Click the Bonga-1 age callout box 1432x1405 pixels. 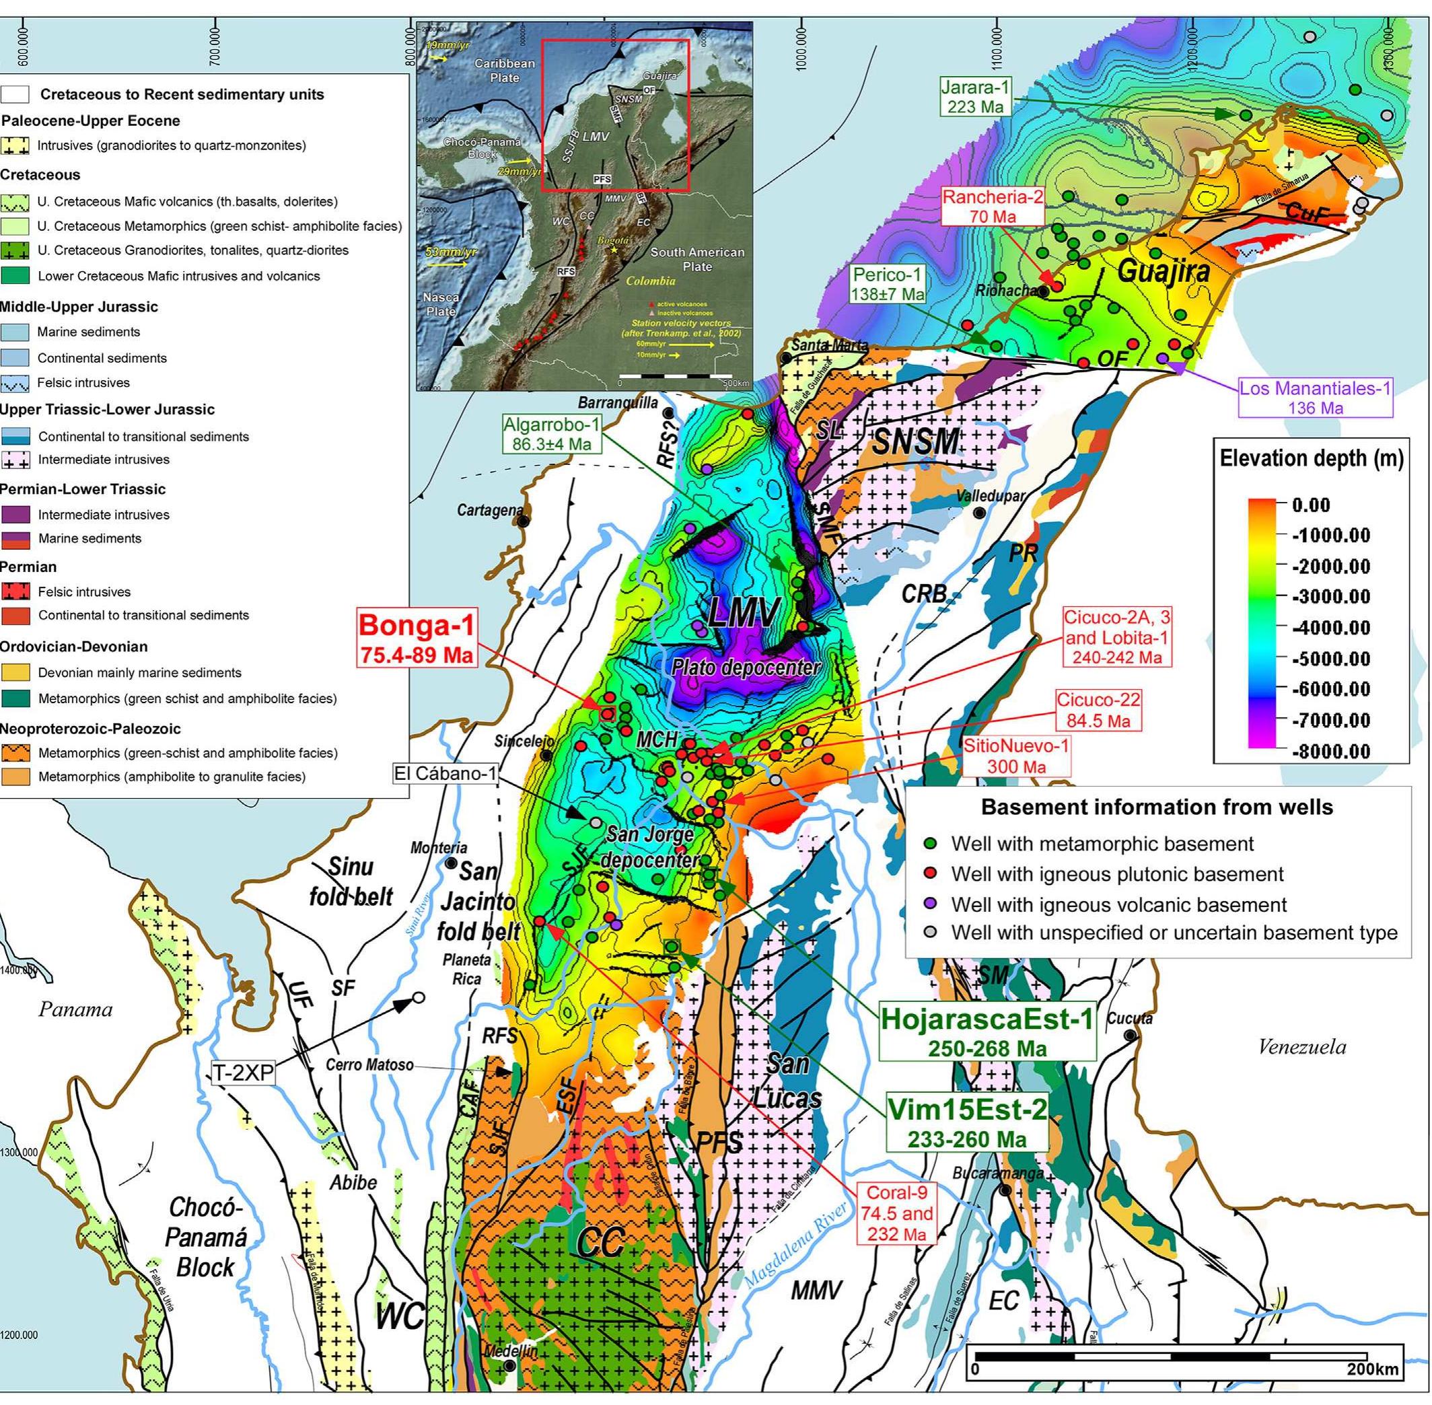point(416,637)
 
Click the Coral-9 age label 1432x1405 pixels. point(896,1213)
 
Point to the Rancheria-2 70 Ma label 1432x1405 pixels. point(991,207)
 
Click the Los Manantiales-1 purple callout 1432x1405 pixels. point(1315,398)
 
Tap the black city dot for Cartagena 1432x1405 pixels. point(523,520)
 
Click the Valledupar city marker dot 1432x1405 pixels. point(978,512)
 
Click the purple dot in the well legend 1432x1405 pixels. point(930,904)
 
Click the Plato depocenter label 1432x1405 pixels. point(746,667)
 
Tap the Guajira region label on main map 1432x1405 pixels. point(1163,271)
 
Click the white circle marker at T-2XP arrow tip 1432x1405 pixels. point(419,998)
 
